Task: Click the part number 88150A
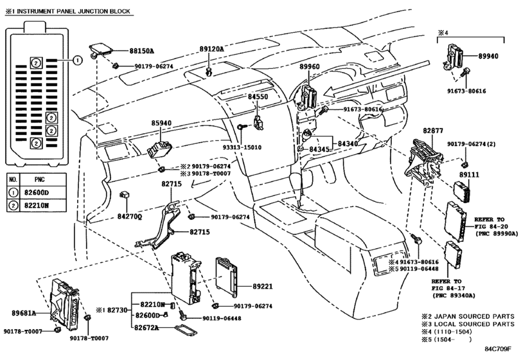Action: coord(141,51)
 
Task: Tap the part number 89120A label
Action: coord(211,49)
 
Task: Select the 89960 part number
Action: coord(310,66)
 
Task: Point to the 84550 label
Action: coord(258,96)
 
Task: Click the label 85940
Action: coord(161,123)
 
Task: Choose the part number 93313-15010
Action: coord(242,147)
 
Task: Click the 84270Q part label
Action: coord(130,217)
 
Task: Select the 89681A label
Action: coord(24,313)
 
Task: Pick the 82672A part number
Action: coord(146,328)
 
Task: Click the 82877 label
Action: coord(433,130)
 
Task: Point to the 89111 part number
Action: coord(469,174)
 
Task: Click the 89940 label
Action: coord(488,56)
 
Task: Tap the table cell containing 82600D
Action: coord(43,192)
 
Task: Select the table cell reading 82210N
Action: coord(43,206)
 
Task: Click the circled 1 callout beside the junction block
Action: coord(78,60)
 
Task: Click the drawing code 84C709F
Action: coord(497,349)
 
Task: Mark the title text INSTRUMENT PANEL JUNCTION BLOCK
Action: coord(73,12)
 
